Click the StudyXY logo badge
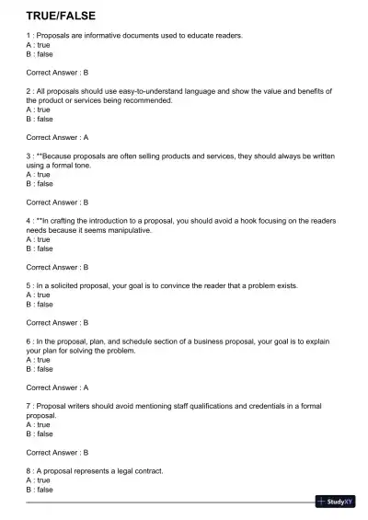pos(335,502)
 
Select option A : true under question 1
pos(39,44)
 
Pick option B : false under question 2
pos(40,119)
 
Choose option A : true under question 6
pos(39,360)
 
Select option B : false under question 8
pos(40,490)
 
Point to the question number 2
pos(29,91)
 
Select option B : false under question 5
pos(40,304)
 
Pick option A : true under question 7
pos(39,424)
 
